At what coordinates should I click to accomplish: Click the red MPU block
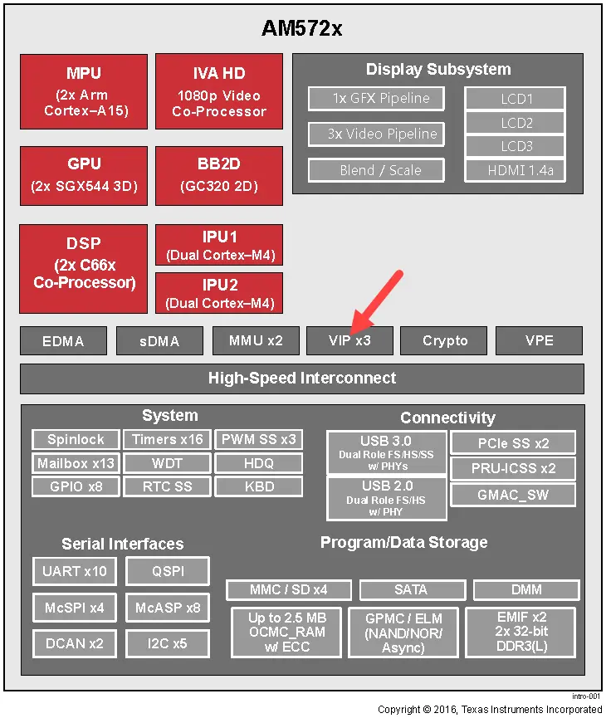[x=84, y=92]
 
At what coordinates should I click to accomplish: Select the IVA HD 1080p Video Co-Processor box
[x=219, y=92]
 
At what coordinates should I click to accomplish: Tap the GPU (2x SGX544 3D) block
[x=84, y=176]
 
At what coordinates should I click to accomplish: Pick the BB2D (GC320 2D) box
[x=219, y=176]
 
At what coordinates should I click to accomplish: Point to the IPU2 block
[x=219, y=293]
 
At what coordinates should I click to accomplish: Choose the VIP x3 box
[x=349, y=341]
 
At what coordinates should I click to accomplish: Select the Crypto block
[x=443, y=341]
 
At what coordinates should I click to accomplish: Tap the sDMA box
[x=159, y=341]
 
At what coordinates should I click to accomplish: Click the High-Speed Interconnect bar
[x=302, y=379]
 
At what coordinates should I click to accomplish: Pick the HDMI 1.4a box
[x=516, y=171]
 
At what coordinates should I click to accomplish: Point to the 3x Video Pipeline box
[x=376, y=134]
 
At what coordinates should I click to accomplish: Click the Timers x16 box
[x=167, y=439]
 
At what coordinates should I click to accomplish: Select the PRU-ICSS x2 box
[x=513, y=468]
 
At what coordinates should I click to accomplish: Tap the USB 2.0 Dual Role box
[x=387, y=498]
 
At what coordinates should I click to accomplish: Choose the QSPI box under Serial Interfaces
[x=168, y=571]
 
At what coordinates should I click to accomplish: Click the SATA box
[x=413, y=589]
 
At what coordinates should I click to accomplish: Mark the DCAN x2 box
[x=74, y=643]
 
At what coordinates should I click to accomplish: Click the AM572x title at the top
[x=301, y=28]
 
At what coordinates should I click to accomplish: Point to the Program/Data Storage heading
[x=403, y=542]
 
